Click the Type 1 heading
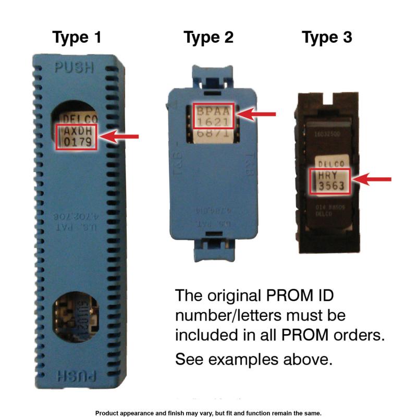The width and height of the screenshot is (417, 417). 77,38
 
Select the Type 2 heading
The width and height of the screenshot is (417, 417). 208,38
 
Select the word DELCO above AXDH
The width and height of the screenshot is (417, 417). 77,119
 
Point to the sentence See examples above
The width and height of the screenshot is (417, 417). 253,359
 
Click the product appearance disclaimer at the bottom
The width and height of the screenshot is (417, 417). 208,412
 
